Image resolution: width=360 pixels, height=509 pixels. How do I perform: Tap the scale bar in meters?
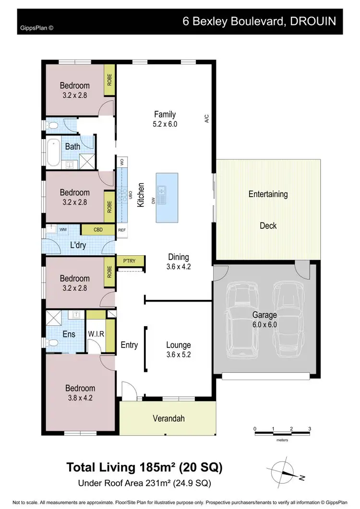(282, 434)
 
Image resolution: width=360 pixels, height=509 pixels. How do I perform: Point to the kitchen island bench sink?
(163, 194)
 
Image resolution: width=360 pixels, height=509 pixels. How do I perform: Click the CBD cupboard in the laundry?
(98, 230)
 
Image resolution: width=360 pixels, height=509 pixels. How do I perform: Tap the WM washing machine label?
(63, 230)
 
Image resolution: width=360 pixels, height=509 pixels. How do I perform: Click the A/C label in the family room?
(207, 118)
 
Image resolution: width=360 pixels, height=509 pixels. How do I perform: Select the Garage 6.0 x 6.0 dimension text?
(264, 324)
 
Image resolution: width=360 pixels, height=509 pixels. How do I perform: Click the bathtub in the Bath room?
(52, 152)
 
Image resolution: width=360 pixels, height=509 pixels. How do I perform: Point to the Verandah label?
(168, 418)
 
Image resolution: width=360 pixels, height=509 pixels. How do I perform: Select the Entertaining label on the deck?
(268, 194)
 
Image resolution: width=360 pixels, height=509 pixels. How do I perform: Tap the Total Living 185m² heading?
(144, 467)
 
